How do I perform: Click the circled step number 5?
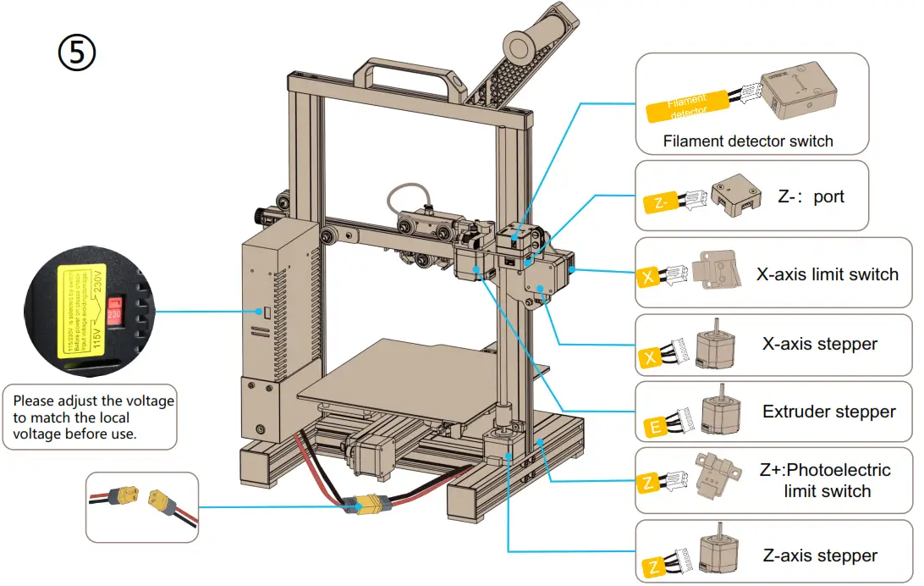coord(76,53)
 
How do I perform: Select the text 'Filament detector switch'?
coord(748,141)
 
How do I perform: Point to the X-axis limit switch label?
coord(827,274)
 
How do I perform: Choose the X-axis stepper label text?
coord(819,344)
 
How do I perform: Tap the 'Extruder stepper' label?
coord(828,412)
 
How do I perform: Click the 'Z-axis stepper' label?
coord(819,556)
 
